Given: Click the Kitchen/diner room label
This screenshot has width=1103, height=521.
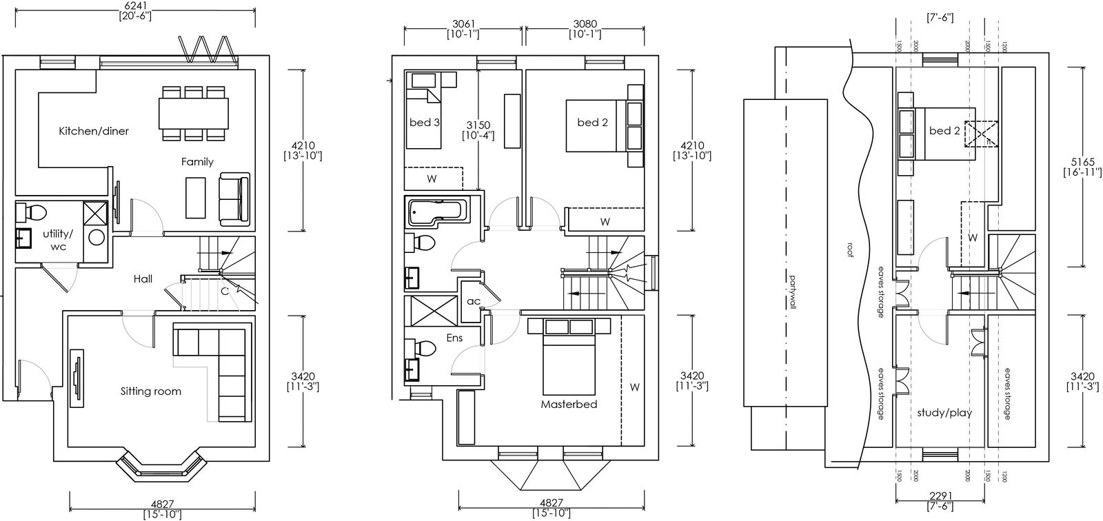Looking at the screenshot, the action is click(94, 131).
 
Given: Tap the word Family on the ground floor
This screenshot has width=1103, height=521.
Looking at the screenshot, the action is click(197, 162).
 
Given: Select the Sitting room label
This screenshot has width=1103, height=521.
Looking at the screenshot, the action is click(151, 391).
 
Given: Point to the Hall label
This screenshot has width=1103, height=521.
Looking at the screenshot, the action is click(143, 279).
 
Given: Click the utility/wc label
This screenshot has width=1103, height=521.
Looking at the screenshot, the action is click(58, 240).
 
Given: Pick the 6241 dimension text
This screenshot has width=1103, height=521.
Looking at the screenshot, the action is click(135, 6).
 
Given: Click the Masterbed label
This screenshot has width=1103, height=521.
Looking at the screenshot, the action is click(569, 405).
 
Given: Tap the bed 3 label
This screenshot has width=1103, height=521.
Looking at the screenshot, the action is click(425, 122).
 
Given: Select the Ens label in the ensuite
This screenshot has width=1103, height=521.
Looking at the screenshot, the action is click(454, 338).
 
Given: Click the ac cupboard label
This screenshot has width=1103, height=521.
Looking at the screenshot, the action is click(473, 301).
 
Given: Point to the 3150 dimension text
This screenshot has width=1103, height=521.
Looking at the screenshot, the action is click(478, 125).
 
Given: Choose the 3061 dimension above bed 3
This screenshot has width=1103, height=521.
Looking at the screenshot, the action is click(463, 24).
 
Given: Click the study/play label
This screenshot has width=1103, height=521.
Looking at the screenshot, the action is click(944, 413).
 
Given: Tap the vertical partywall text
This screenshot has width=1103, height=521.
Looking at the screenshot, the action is click(793, 292).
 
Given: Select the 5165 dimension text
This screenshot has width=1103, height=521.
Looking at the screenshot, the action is click(1083, 162).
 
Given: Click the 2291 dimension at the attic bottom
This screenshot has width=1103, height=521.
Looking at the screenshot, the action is click(940, 496).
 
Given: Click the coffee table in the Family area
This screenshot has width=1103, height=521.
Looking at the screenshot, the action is click(196, 198).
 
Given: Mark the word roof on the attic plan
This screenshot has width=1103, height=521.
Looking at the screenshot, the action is click(849, 249).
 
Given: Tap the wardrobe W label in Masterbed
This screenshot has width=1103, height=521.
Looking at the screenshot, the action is click(635, 387).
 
